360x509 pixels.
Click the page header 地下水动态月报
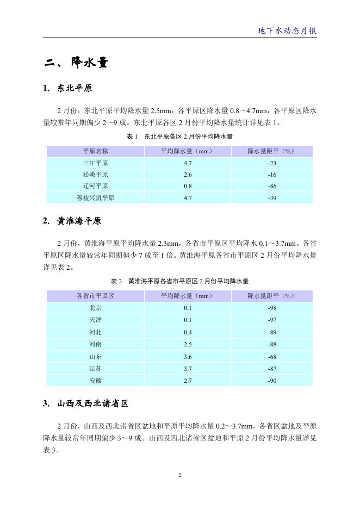click(287, 30)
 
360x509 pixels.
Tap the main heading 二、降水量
click(77, 63)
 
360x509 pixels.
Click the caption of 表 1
click(179, 137)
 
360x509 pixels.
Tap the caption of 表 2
click(179, 281)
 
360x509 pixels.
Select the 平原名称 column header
click(95, 151)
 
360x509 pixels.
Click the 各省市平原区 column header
click(95, 296)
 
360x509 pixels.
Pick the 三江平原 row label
click(95, 163)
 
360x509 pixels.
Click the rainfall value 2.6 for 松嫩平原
click(188, 175)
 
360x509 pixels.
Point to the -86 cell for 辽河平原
click(272, 187)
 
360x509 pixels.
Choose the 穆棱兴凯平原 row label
click(95, 198)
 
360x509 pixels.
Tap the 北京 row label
click(95, 308)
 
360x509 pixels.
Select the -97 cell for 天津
click(272, 320)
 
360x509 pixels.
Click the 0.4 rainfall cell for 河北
click(188, 332)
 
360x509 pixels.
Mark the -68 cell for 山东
click(272, 357)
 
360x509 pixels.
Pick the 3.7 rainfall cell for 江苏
click(188, 369)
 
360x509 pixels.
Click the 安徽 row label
click(95, 381)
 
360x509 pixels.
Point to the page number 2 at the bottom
click(180, 475)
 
